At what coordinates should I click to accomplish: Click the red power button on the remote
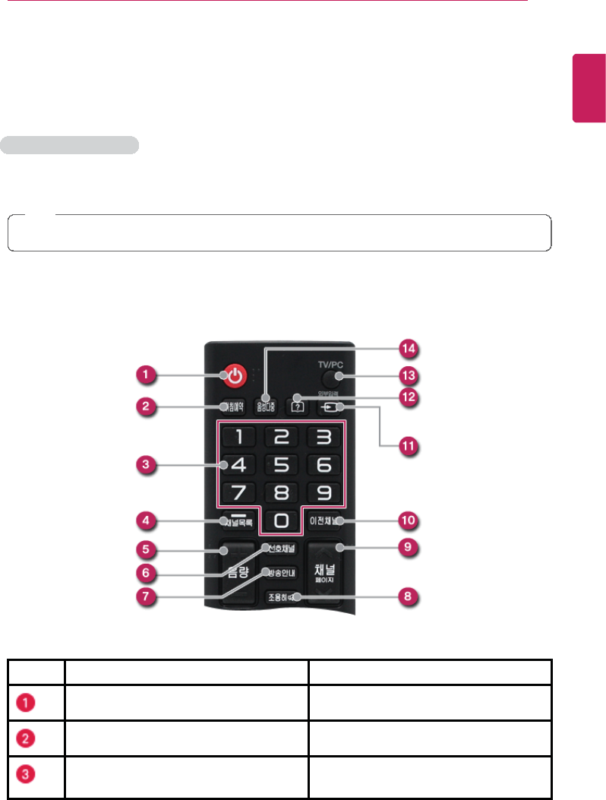coord(236,375)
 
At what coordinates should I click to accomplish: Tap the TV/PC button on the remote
coord(330,377)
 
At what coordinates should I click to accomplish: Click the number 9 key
coord(322,493)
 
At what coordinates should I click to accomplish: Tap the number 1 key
coord(238,437)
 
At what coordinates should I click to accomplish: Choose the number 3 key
coord(322,437)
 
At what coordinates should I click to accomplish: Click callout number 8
coord(409,596)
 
